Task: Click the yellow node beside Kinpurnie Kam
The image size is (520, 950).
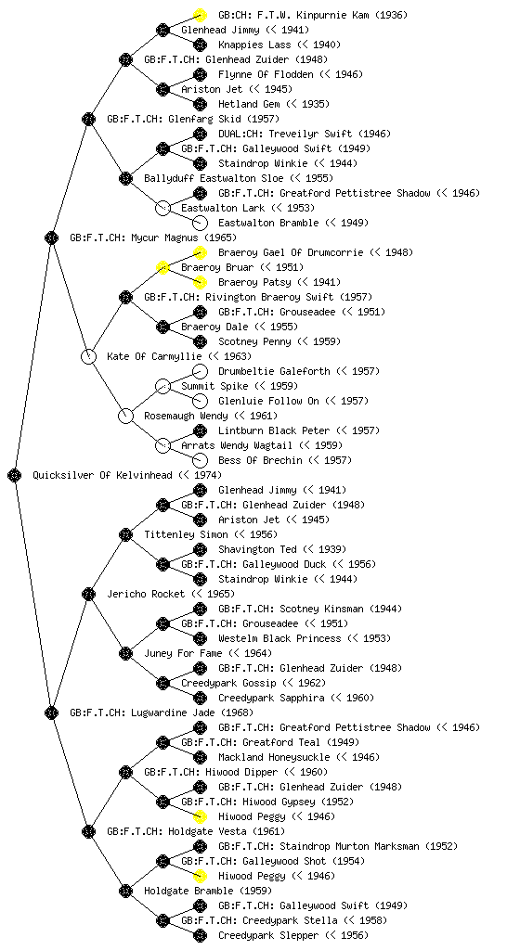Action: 200,15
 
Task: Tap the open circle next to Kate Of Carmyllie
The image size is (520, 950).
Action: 88,356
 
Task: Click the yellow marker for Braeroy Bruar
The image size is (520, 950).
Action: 162,267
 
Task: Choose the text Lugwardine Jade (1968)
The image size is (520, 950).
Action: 192,712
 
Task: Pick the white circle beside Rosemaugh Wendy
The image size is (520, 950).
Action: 125,416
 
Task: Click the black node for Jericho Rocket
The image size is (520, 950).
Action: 88,594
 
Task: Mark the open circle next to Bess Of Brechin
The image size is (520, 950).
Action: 200,460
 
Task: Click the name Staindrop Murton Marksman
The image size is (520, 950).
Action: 349,846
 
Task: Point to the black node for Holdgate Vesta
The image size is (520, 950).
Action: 88,831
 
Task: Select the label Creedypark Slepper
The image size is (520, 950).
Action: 268,935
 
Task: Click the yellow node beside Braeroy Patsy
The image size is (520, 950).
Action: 200,282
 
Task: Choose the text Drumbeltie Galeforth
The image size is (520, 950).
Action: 274,371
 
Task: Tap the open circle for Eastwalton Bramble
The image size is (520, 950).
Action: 200,223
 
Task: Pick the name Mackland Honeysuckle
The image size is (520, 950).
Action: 274,757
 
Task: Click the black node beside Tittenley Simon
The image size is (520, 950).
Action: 125,534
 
